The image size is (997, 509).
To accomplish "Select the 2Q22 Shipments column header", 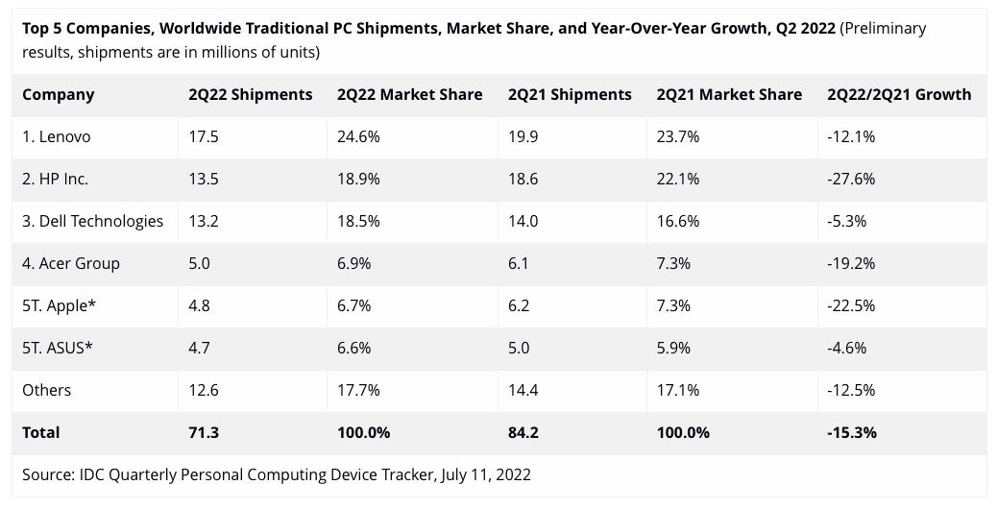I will pos(250,94).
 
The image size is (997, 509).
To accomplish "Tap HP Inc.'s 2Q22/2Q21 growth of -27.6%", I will pos(851,179).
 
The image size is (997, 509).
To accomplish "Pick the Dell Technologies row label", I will pos(92,221).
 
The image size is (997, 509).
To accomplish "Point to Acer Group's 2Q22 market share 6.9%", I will pos(353,263).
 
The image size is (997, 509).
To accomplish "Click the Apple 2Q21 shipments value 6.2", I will pos(518,305).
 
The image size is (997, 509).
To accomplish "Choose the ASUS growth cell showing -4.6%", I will pos(846,348).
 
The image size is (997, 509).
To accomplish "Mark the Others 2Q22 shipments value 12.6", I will pos(204,390).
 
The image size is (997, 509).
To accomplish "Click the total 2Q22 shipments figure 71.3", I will pos(204,432).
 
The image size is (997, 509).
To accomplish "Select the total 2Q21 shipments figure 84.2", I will pos(523,432).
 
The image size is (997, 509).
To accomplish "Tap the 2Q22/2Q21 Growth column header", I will pos(898,94).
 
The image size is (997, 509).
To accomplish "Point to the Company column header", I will pos(58,94).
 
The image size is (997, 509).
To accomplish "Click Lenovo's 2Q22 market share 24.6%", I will pos(358,136).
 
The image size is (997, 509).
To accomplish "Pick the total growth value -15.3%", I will pos(851,432).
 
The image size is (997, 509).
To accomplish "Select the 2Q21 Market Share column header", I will pos(729,94).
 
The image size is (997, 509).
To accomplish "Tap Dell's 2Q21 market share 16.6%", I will pos(677,221).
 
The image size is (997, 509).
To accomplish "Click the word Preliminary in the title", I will pos(885,28).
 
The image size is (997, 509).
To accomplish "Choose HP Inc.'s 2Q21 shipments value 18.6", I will pos(523,179).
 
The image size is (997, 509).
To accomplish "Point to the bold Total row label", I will pos(41,432).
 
